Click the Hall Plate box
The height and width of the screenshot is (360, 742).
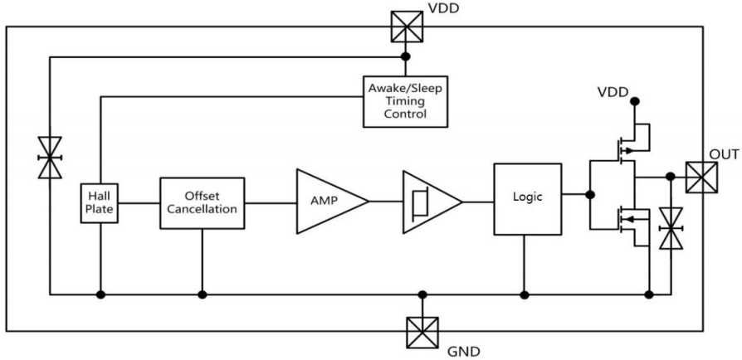100,202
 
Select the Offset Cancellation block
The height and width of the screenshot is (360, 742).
202,202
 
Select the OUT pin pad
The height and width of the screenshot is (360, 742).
701,176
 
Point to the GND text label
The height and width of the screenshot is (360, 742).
464,351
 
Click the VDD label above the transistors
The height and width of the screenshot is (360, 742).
613,91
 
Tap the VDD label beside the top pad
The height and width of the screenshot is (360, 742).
443,11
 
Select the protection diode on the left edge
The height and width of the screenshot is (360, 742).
50,155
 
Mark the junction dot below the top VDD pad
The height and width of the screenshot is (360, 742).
405,57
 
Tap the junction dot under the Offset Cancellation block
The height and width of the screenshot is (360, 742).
202,294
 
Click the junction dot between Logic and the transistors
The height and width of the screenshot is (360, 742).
590,195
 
